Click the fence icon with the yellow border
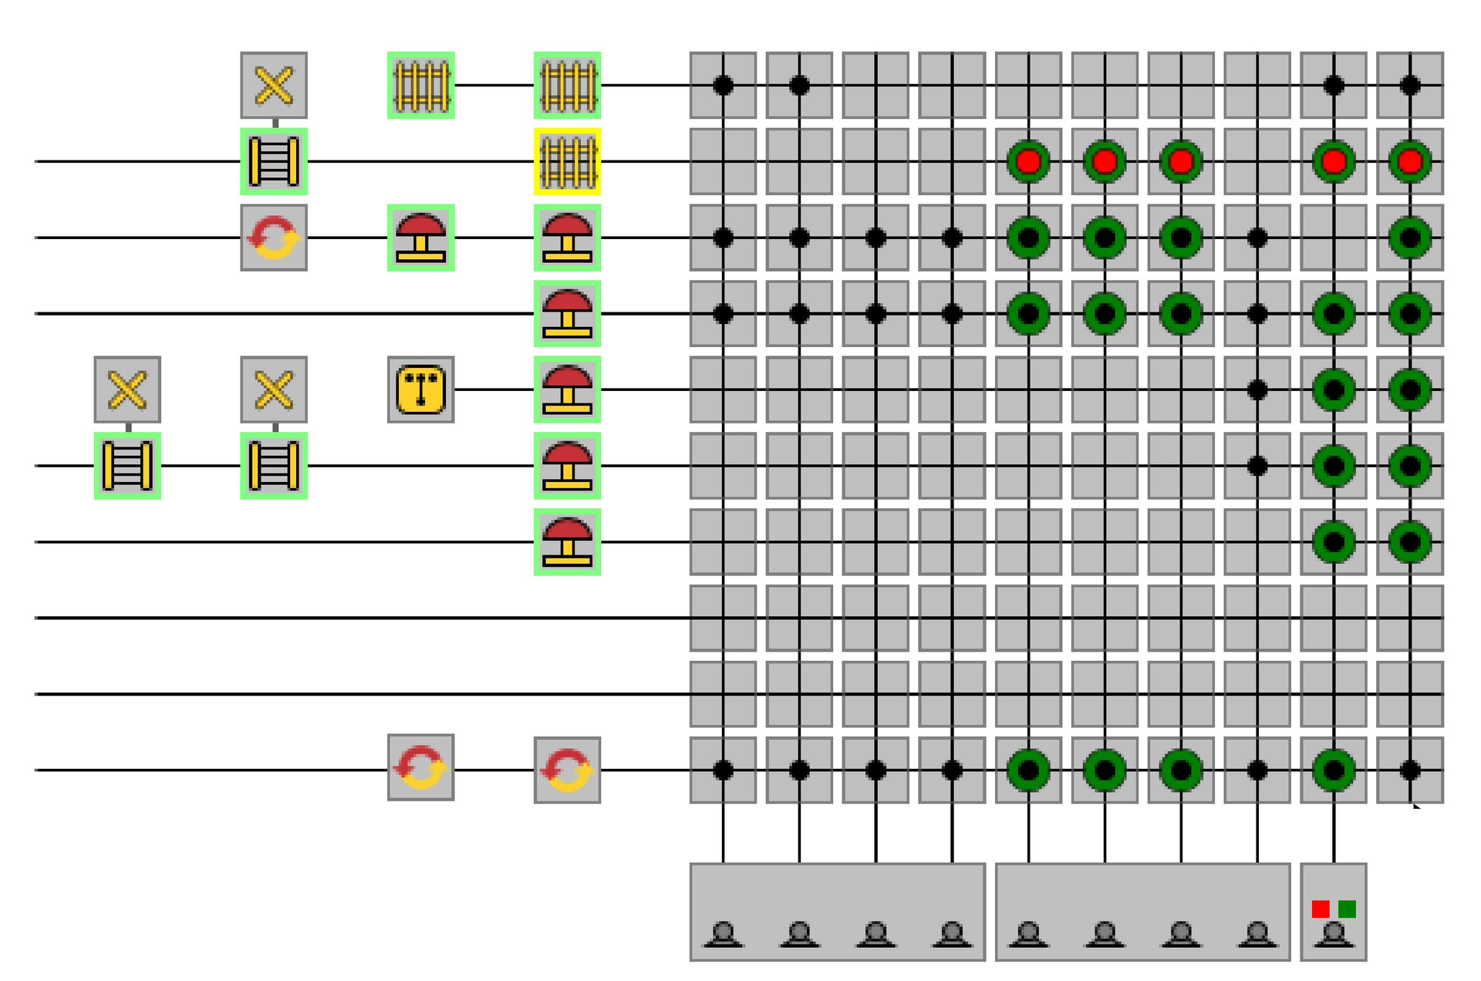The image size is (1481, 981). pyautogui.click(x=567, y=161)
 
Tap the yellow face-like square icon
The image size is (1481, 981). pyautogui.click(x=420, y=389)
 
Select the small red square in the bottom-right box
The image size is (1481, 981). pyautogui.click(x=1321, y=909)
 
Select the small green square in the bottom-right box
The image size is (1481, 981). pyautogui.click(x=1347, y=909)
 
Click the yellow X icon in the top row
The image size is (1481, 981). pyautogui.click(x=274, y=85)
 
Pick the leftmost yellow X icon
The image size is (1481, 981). pyautogui.click(x=127, y=389)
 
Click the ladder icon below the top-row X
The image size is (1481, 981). pyautogui.click(x=274, y=161)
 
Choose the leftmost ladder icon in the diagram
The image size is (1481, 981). pyautogui.click(x=127, y=466)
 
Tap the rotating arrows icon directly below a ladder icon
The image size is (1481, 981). pyautogui.click(x=274, y=238)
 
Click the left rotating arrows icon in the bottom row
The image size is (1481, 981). pyautogui.click(x=420, y=767)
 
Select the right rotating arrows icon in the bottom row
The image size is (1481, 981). pyautogui.click(x=567, y=770)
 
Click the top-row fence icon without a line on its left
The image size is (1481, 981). pyautogui.click(x=420, y=85)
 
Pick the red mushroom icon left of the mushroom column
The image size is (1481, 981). pyautogui.click(x=420, y=238)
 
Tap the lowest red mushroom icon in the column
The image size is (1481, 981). pyautogui.click(x=567, y=541)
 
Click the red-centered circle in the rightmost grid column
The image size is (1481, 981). pyautogui.click(x=1409, y=161)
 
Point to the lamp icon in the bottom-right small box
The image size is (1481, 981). pyautogui.click(x=1334, y=935)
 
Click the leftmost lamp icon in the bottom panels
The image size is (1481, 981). pyautogui.click(x=723, y=935)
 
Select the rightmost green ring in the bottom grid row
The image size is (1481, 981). pyautogui.click(x=1334, y=770)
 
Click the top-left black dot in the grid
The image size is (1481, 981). pyautogui.click(x=723, y=85)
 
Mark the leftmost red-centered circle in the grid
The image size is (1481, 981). pyautogui.click(x=1028, y=161)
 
